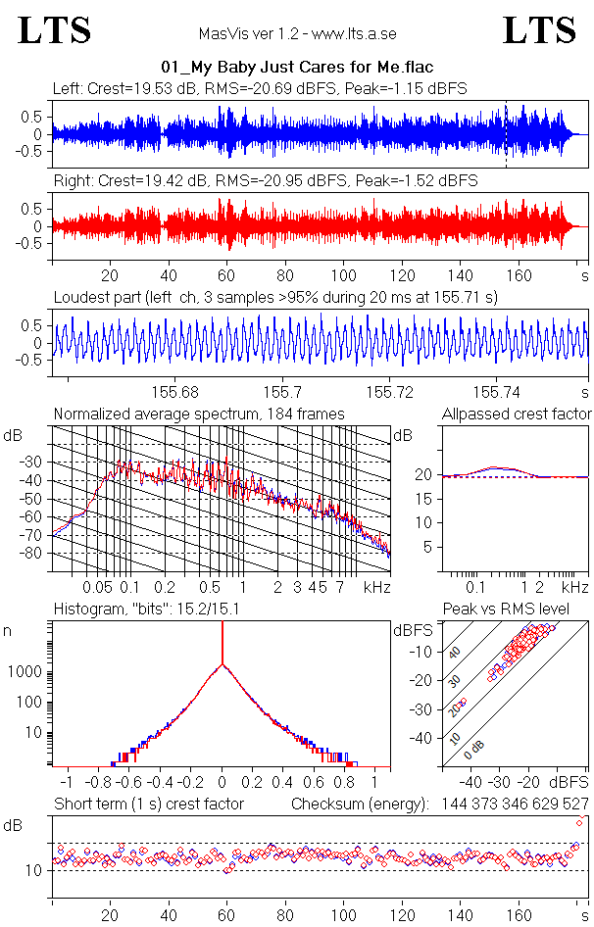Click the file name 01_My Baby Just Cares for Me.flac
(x=297, y=68)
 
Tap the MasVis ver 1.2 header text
(x=297, y=33)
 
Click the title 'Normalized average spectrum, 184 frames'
(x=199, y=414)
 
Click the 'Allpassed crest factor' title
(x=517, y=414)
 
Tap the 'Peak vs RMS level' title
(x=520, y=610)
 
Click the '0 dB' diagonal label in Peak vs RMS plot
(x=475, y=748)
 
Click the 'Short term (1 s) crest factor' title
(x=148, y=804)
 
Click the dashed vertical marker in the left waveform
(x=506, y=132)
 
